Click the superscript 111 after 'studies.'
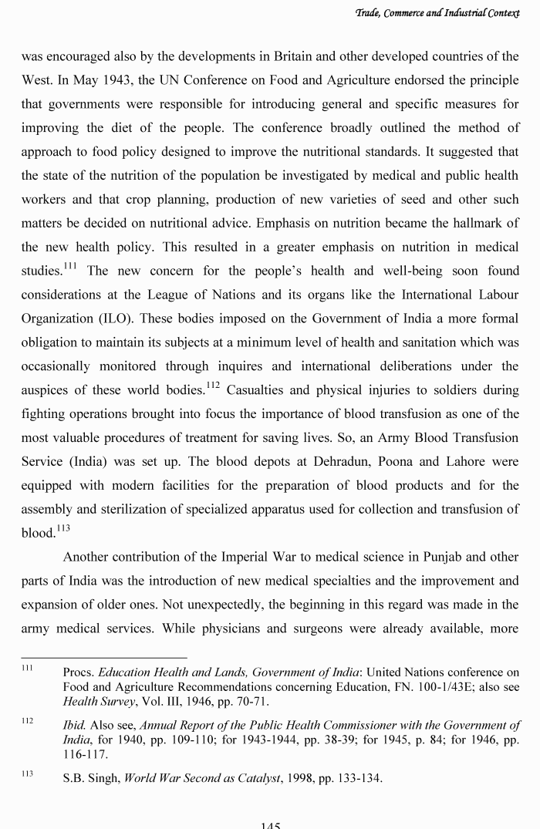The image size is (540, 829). pyautogui.click(x=71, y=267)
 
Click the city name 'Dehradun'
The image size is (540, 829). pyautogui.click(x=344, y=462)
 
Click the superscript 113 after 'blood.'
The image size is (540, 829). pyautogui.click(x=63, y=529)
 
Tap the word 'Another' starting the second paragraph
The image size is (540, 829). pyautogui.click(x=86, y=557)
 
